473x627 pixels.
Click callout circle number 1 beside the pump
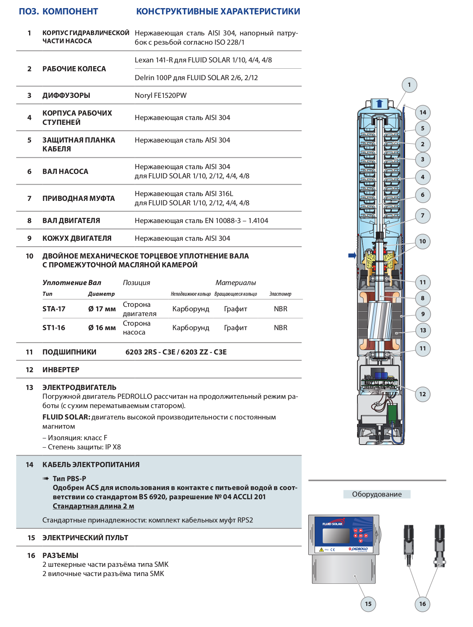409,85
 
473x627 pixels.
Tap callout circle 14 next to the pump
423,112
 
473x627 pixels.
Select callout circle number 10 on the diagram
422,241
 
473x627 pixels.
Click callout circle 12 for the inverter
422,394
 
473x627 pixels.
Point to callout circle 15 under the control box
368,604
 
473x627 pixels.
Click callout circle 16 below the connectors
422,604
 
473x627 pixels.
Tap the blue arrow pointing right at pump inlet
352,256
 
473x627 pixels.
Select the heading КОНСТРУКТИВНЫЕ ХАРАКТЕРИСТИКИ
218,11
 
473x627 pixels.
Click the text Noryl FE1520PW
161,95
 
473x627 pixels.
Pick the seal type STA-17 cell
54,309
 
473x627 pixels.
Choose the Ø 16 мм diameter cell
102,328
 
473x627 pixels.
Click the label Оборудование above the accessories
377,494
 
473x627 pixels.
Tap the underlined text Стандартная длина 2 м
93,506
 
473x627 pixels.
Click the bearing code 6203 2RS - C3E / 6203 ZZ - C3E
176,352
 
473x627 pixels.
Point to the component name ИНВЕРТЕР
61,370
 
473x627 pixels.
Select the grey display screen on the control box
336,536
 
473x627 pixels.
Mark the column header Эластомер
280,294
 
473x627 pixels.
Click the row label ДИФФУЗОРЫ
66,95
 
